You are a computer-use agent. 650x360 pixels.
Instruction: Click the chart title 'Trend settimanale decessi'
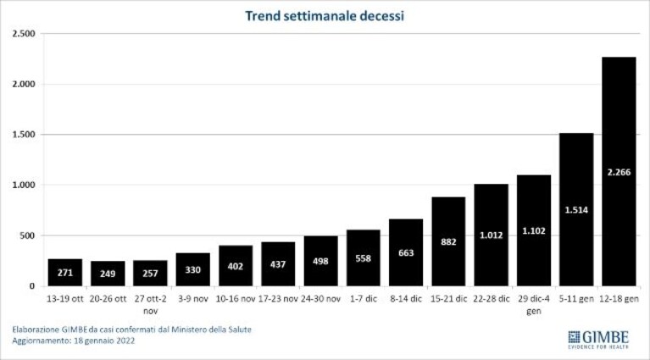click(x=325, y=16)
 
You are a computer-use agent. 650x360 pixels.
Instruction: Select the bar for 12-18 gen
click(x=619, y=171)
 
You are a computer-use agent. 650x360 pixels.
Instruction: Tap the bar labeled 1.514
click(x=576, y=209)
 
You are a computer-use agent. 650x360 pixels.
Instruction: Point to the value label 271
click(x=65, y=273)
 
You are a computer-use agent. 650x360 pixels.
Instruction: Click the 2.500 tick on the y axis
click(x=24, y=34)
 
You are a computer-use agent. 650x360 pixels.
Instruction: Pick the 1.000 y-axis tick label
click(x=24, y=185)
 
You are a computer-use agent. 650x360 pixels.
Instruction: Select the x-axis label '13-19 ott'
click(x=65, y=299)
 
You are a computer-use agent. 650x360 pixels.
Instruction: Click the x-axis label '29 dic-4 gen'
click(x=534, y=304)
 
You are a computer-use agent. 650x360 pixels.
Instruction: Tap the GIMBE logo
click(x=598, y=340)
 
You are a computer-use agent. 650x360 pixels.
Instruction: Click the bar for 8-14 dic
click(x=406, y=252)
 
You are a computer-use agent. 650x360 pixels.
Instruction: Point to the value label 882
click(x=448, y=242)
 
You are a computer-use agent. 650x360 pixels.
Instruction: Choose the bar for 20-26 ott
click(x=108, y=274)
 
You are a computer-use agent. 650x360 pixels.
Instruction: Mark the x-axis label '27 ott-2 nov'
click(x=150, y=304)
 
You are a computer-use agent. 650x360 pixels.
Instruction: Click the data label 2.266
click(x=619, y=172)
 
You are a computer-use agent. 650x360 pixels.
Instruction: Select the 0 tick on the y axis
click(x=32, y=286)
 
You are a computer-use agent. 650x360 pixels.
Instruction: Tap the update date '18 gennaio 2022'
click(x=104, y=341)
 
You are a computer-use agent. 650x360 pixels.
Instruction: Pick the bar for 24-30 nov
click(x=320, y=261)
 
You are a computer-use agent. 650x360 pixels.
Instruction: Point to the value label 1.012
click(x=492, y=235)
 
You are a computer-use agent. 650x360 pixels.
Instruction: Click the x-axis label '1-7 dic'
click(x=364, y=299)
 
